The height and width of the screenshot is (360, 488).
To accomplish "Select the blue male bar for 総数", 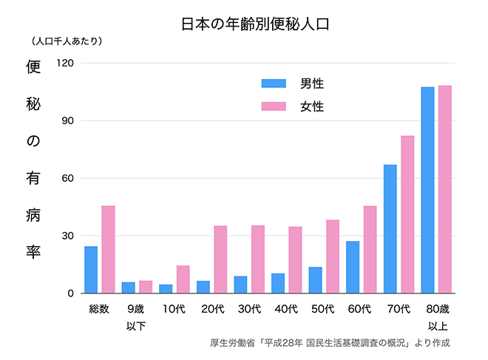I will (x=91, y=270).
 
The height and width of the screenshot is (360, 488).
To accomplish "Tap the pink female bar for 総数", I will (x=108, y=249).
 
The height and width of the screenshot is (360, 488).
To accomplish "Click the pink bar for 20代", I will (x=220, y=259).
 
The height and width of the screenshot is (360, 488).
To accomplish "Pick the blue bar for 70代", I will (x=390, y=229).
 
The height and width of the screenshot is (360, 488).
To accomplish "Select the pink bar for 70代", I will (x=407, y=214).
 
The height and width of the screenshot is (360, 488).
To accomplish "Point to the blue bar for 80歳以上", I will (x=427, y=190).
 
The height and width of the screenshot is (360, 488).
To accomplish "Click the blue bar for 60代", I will (x=353, y=267).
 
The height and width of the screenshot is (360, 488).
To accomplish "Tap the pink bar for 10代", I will (x=183, y=279).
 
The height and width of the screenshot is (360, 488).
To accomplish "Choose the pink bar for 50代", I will (x=333, y=257).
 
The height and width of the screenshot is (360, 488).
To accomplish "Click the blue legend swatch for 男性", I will (x=274, y=84).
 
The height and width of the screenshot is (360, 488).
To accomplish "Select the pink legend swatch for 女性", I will (x=274, y=106).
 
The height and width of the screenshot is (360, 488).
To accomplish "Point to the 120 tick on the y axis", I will (x=65, y=63).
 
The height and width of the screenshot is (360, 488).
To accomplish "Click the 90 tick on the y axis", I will (x=68, y=120).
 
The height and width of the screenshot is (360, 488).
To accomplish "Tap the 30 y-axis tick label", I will (x=68, y=236).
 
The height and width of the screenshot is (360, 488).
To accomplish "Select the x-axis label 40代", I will (x=286, y=309).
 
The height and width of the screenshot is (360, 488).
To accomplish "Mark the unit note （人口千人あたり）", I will (x=67, y=41).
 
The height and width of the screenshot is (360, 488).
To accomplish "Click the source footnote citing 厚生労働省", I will (x=330, y=343).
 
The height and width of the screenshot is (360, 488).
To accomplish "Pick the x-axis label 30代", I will (x=248, y=309).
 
